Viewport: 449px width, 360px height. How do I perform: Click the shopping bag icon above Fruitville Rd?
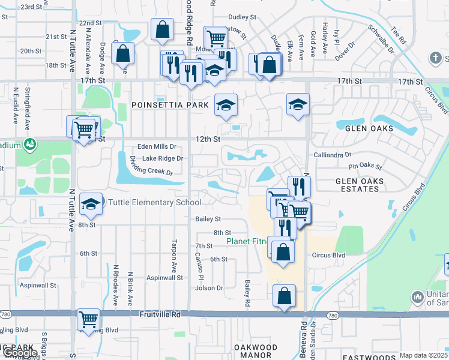coord(284,295)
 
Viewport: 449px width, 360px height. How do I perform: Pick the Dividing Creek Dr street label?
coord(151,166)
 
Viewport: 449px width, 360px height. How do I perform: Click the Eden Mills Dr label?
coord(157,146)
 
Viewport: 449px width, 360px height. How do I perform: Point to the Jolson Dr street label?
coord(209,288)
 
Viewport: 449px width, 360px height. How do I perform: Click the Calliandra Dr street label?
coord(332,154)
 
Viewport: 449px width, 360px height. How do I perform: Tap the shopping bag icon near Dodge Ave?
coord(122,53)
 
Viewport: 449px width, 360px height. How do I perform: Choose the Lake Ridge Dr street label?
coord(162,158)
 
